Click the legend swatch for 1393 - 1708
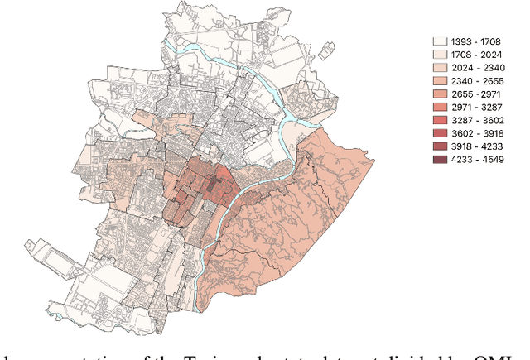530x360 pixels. [x=441, y=40]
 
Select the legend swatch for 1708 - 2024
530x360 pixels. [x=441, y=53]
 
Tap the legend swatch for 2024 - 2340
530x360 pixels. [x=441, y=66]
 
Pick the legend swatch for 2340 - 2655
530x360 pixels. [x=441, y=79]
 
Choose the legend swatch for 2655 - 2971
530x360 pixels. [x=441, y=93]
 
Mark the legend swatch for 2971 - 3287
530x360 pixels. [x=441, y=106]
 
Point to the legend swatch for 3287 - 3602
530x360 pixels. [x=441, y=119]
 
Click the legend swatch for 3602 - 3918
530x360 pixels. [x=441, y=132]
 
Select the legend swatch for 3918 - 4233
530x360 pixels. [x=441, y=146]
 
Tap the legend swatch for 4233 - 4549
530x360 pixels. [x=441, y=159]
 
